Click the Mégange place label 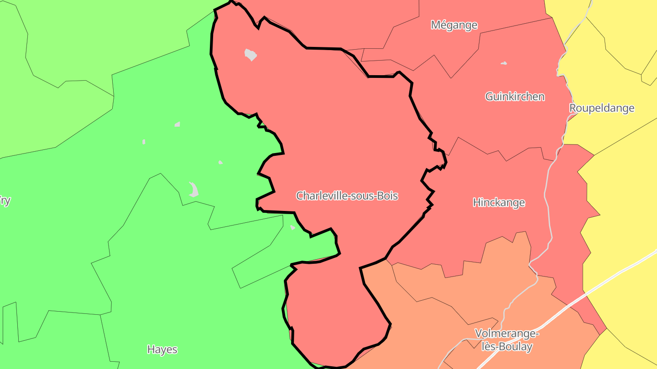454,25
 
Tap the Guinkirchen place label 515,97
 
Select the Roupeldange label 602,108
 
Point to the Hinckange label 499,202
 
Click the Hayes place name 162,349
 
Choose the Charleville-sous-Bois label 347,196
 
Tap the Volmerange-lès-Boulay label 507,340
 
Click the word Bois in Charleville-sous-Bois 388,196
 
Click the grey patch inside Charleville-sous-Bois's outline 250,55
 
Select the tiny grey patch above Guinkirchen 504,63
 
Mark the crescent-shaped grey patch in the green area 194,189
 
